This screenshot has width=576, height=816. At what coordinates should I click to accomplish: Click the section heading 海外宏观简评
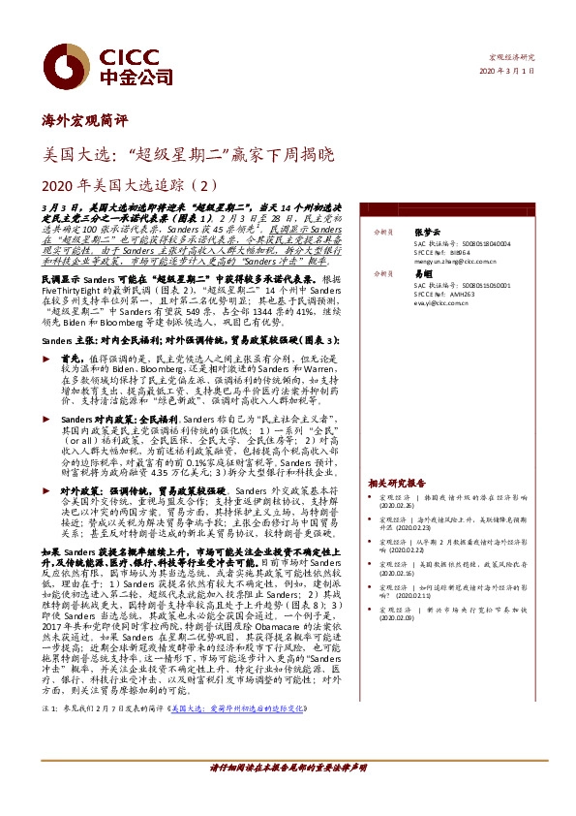coord(78,121)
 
